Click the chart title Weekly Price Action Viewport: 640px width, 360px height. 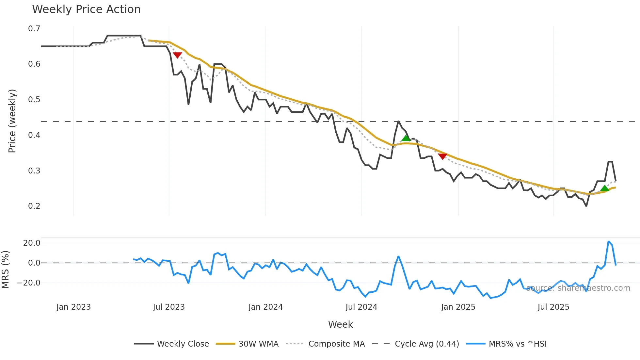click(x=86, y=9)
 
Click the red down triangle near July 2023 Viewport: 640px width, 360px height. click(x=177, y=55)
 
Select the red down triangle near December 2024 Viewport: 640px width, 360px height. click(x=442, y=156)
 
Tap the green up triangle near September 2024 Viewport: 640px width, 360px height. click(x=406, y=139)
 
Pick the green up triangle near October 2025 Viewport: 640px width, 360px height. click(x=605, y=188)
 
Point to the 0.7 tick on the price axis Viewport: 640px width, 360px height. click(x=34, y=29)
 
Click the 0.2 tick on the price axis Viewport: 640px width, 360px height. click(x=34, y=206)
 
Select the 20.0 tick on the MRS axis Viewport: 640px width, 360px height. click(x=32, y=243)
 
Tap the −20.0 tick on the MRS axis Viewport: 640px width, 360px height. click(x=29, y=283)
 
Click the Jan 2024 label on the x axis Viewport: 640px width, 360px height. click(x=265, y=307)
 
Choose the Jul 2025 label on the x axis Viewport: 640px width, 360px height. click(x=553, y=307)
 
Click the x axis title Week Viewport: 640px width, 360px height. click(x=340, y=324)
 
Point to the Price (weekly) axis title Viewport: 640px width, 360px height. click(x=12, y=121)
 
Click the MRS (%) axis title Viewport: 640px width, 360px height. click(x=5, y=270)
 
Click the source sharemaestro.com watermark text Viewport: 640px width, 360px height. click(x=578, y=288)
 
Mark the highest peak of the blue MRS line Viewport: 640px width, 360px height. click(x=609, y=241)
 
